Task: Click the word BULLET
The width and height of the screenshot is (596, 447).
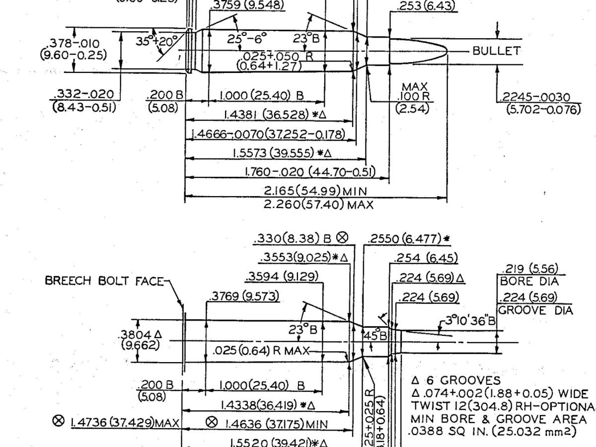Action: (x=496, y=51)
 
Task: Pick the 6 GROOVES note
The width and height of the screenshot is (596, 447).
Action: (x=455, y=380)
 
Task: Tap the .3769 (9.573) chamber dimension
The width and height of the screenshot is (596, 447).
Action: (x=243, y=297)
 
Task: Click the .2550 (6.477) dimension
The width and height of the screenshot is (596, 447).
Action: (x=408, y=238)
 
